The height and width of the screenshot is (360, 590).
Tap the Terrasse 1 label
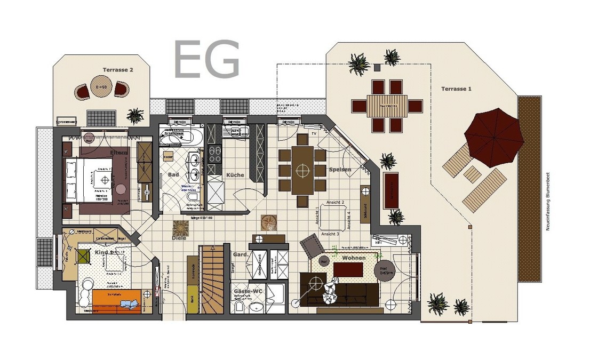point(456,89)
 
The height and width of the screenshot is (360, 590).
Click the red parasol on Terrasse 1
point(493,134)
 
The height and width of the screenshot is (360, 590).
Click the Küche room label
point(235,175)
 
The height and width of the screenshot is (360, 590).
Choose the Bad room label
point(173,174)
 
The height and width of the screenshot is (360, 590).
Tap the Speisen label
point(340,170)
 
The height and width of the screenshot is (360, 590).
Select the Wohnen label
point(354,258)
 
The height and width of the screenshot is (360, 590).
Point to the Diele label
point(179,238)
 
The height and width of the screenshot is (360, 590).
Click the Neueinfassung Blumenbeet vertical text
point(548,197)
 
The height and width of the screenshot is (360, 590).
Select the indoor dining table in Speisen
point(303,171)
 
